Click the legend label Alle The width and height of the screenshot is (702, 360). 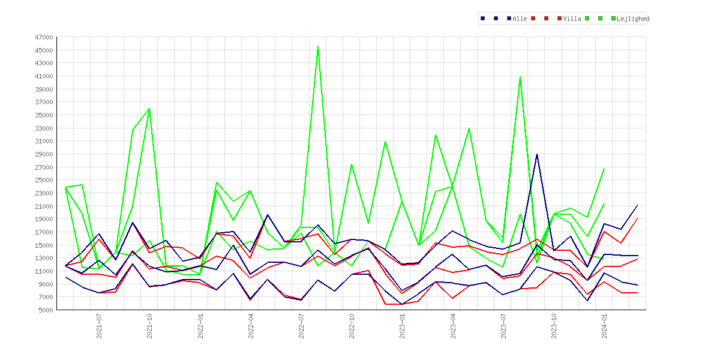pyautogui.click(x=520, y=19)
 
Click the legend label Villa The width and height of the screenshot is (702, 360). pyautogui.click(x=572, y=19)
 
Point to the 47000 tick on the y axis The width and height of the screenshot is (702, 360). pyautogui.click(x=44, y=37)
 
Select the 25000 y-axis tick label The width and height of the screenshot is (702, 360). pyautogui.click(x=44, y=180)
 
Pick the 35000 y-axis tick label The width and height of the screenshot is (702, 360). pyautogui.click(x=44, y=115)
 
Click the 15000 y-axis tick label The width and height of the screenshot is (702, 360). pyautogui.click(x=44, y=245)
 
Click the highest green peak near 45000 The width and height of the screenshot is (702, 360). pyautogui.click(x=318, y=46)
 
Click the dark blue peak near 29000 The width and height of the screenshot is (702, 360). pyautogui.click(x=537, y=154)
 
